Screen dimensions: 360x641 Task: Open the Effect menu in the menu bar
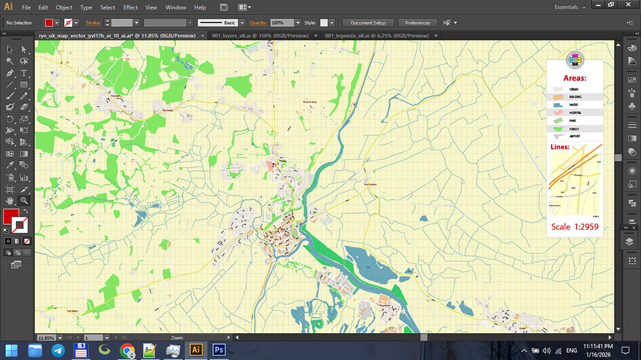pos(130,8)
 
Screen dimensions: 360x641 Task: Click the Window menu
pos(176,8)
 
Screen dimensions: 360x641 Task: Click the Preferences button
pos(417,22)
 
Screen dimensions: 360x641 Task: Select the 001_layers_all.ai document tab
pos(260,36)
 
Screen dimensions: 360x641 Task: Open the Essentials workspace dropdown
pos(570,8)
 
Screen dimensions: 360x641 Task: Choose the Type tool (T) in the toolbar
pos(24,73)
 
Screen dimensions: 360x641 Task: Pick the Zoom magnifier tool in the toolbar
pos(24,200)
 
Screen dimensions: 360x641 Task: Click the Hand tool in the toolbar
pos(10,200)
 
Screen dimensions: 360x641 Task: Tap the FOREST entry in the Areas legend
pos(574,129)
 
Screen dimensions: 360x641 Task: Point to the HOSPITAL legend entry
pos(574,112)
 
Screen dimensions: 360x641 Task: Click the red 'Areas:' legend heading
pos(574,78)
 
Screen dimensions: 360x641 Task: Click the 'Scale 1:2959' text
pos(574,227)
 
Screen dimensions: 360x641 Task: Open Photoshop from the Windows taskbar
pos(219,350)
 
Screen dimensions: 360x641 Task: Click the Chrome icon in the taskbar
pos(127,350)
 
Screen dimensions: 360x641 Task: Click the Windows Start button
pos(12,350)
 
